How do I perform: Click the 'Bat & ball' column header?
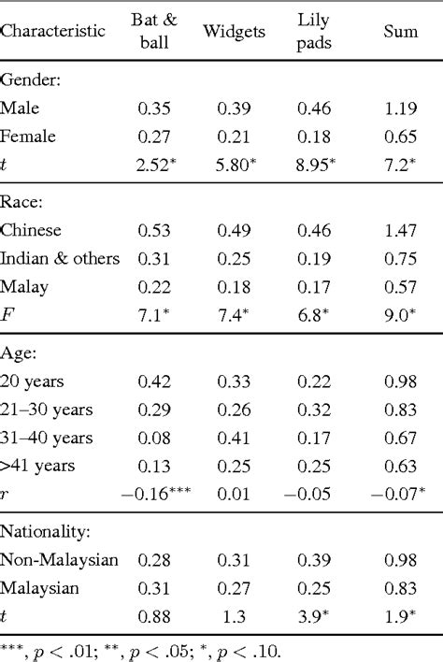[x=148, y=33]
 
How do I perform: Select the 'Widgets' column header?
[x=228, y=32]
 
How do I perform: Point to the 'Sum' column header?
[x=400, y=32]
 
